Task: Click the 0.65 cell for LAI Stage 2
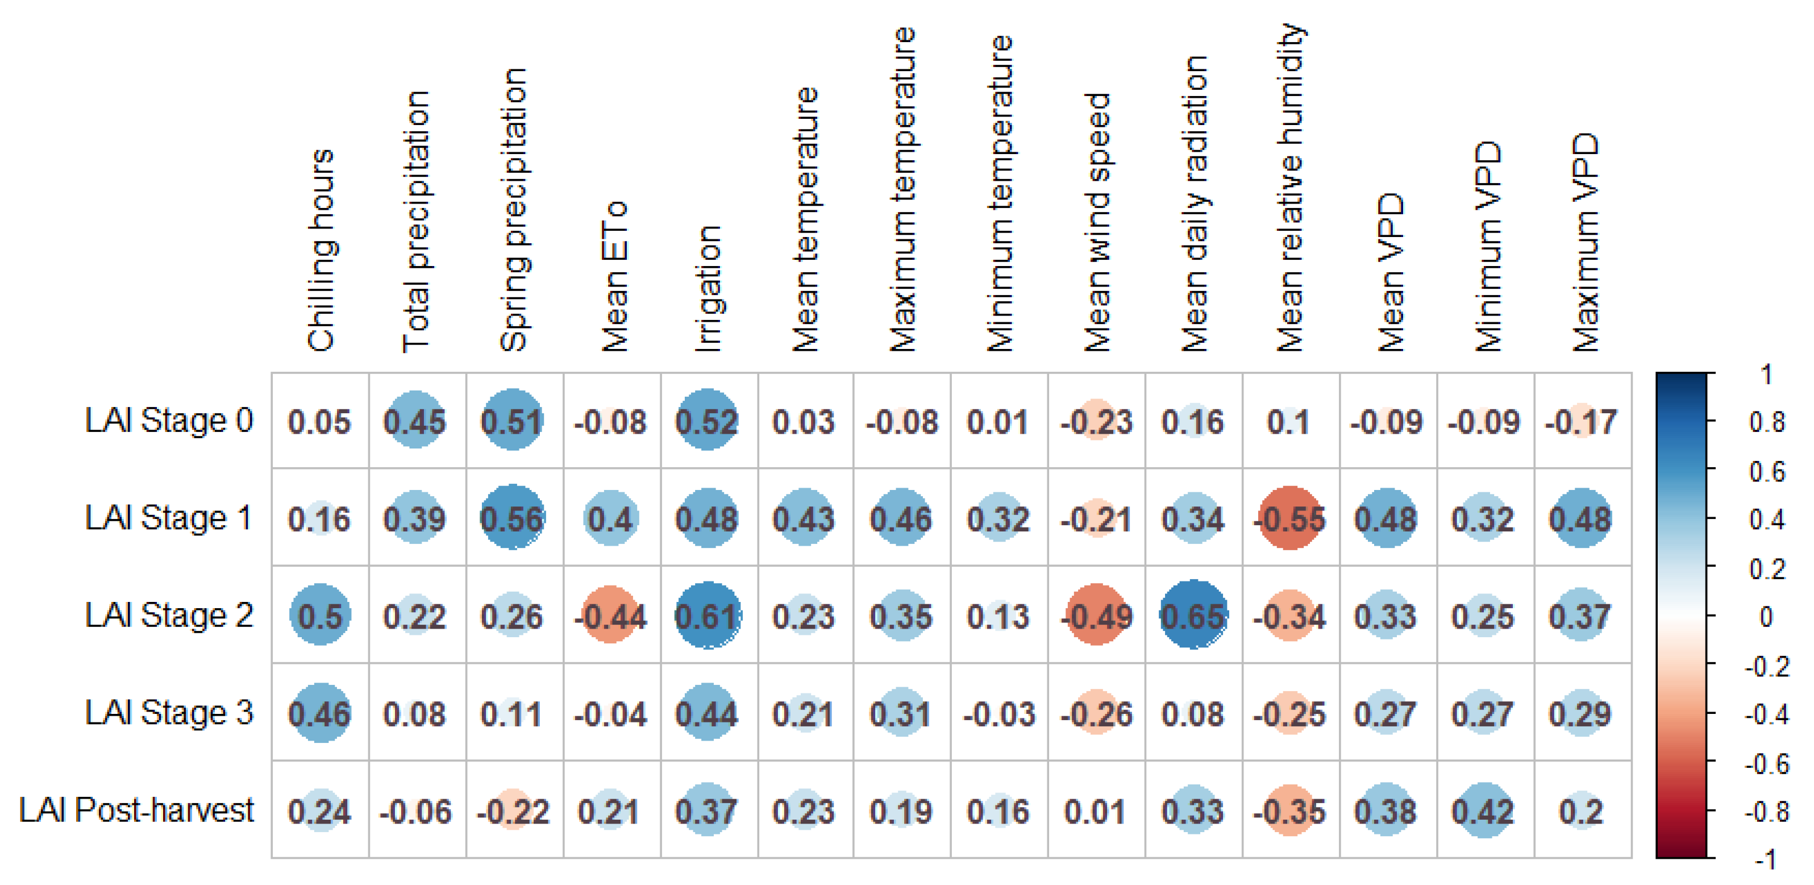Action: (x=1193, y=616)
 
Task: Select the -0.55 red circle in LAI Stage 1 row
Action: (x=1290, y=518)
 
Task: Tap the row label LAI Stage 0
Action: (x=168, y=421)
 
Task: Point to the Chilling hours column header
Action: (x=321, y=250)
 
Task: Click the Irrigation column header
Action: (x=708, y=289)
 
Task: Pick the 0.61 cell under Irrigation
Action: (x=707, y=616)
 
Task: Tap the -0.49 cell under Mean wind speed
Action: (x=1096, y=616)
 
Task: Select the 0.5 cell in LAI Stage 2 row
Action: (x=321, y=616)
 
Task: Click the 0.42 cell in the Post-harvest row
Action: (x=1484, y=811)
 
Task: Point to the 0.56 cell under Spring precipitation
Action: (x=513, y=518)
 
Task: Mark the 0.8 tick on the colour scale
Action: (x=1766, y=422)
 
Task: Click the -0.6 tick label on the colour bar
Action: (x=1766, y=763)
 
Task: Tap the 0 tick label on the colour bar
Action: (x=1766, y=617)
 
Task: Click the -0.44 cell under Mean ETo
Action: (x=610, y=616)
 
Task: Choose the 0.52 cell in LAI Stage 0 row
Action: (x=707, y=421)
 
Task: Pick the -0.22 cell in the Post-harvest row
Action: (x=513, y=811)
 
